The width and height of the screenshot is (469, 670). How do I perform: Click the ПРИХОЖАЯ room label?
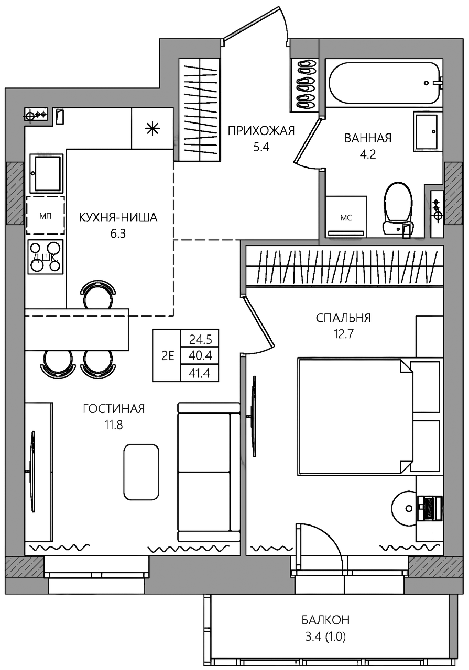pos(261,131)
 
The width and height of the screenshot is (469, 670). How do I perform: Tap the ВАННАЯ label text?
pos(368,138)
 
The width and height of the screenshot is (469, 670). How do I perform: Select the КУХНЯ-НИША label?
pos(118,217)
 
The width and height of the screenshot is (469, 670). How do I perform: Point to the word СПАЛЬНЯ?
pos(343,318)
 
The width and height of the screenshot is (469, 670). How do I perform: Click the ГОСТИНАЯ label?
pos(114,408)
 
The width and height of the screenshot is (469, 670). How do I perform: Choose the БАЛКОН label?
pos(325,620)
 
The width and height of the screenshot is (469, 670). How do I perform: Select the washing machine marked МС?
pos(346,217)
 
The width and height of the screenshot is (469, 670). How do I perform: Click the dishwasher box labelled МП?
pos(45,215)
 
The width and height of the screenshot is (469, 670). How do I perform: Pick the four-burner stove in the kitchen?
pos(46,256)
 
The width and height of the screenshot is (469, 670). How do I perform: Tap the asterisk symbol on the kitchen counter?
pos(152,129)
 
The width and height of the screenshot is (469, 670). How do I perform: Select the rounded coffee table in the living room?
pos(141,472)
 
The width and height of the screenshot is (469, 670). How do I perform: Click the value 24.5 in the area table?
pos(200,340)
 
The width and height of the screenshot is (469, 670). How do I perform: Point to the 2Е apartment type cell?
pos(167,355)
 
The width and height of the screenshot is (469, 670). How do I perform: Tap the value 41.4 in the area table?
pos(200,373)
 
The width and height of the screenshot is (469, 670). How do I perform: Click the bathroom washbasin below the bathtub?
pos(428,131)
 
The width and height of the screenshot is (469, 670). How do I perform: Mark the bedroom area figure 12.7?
pos(344,333)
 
